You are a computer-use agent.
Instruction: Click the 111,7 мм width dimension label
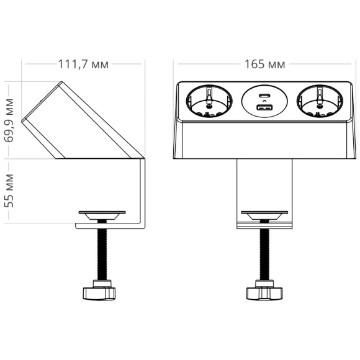[82, 64]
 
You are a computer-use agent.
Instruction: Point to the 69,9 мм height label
[10, 120]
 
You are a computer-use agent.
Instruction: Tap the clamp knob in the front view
[262, 290]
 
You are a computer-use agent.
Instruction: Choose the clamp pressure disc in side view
[102, 215]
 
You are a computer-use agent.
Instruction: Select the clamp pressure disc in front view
[263, 216]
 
